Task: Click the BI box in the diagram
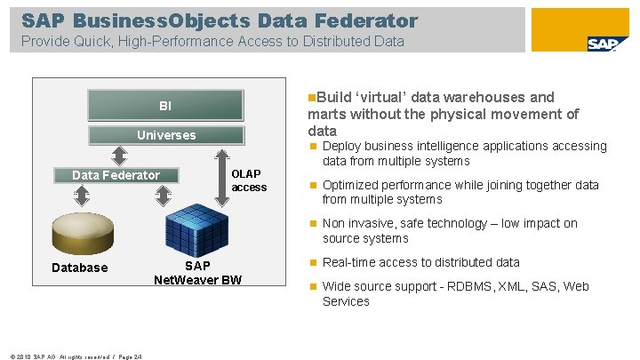pyautogui.click(x=165, y=106)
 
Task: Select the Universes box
pyautogui.click(x=165, y=135)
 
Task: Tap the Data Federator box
pyautogui.click(x=116, y=175)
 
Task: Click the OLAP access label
pyautogui.click(x=249, y=180)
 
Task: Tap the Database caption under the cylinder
pyautogui.click(x=80, y=268)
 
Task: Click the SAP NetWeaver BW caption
pyautogui.click(x=197, y=274)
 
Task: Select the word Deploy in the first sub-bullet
pyautogui.click(x=343, y=146)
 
